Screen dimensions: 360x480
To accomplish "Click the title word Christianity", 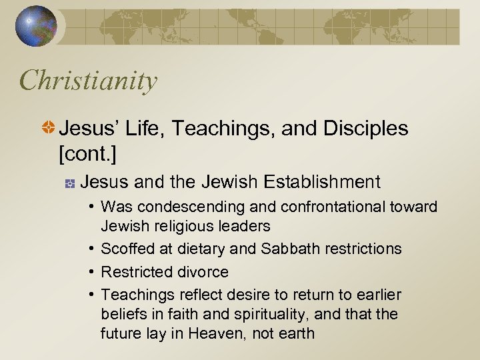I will click(x=89, y=81).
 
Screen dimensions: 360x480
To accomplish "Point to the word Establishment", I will click(x=322, y=181).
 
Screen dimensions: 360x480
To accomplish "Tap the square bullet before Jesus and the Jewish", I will click(x=69, y=182).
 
